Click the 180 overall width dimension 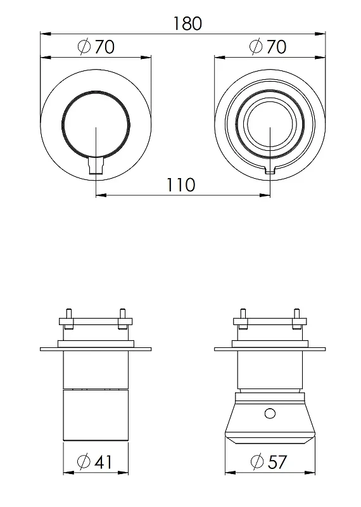click(x=187, y=23)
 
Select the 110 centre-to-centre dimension click(x=180, y=185)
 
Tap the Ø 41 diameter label click(x=95, y=461)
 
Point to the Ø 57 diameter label click(x=269, y=461)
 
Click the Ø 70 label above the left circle click(x=96, y=46)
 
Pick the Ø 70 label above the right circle click(x=268, y=46)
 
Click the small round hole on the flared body click(x=270, y=414)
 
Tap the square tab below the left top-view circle click(x=96, y=165)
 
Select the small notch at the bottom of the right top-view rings click(x=270, y=170)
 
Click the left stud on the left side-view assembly click(x=68, y=319)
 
